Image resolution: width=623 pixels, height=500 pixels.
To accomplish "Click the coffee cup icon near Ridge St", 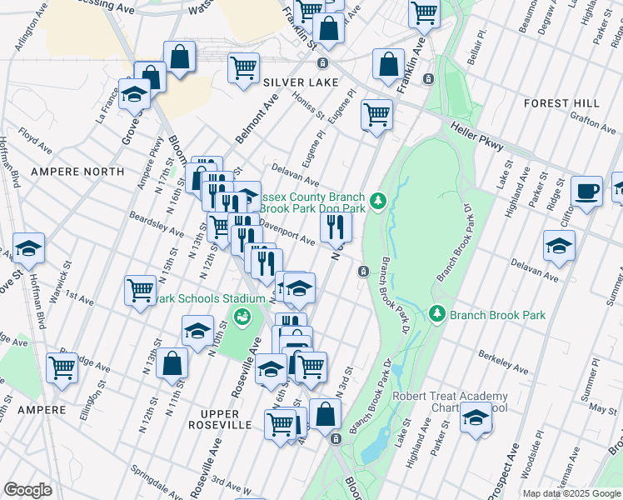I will point(587,191).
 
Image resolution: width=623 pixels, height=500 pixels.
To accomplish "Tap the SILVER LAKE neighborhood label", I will point(301,82).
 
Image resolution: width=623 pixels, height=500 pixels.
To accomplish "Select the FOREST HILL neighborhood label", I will point(561,103).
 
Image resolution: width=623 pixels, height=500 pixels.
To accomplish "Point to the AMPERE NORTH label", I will point(77,172).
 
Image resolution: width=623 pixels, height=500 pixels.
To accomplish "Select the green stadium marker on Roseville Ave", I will point(242,316).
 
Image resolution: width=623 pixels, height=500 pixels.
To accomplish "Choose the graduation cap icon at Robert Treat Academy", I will point(476,418).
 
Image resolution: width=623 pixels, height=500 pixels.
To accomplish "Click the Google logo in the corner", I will point(28,490).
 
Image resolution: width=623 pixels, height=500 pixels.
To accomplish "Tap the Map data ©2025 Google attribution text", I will point(571,493).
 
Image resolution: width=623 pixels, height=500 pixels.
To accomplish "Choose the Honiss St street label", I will point(307,108).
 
